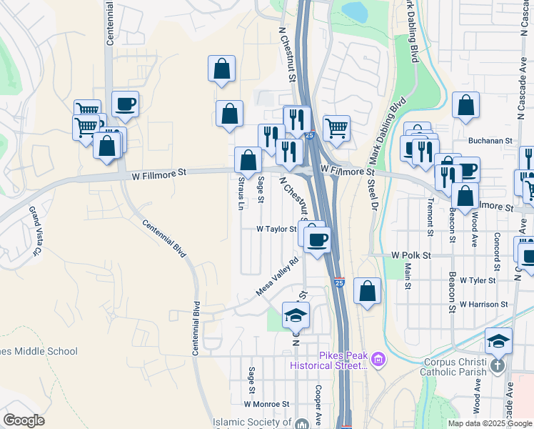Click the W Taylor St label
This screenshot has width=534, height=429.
276,230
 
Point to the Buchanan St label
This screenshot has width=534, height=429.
490,142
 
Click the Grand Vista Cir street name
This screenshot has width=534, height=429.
34,231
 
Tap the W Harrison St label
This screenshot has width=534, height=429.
483,304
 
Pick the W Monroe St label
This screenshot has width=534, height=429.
266,403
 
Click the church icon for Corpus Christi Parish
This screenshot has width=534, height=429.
498,364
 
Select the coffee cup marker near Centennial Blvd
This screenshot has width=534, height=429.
125,104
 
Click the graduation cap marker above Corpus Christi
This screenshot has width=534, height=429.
498,340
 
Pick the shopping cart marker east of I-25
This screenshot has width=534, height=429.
336,129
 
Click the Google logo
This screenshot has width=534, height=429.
24,420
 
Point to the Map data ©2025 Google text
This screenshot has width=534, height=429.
490,423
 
